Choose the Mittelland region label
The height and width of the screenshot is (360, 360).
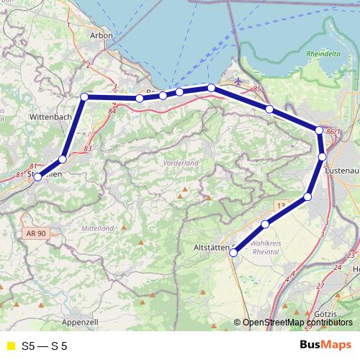tap(98, 228)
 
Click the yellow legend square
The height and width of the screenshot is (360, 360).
tap(9, 346)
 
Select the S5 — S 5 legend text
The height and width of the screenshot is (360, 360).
tap(45, 346)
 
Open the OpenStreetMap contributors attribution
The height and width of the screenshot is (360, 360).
tap(297, 323)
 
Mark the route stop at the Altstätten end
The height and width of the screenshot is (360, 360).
tap(233, 252)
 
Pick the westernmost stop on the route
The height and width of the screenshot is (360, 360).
tap(38, 176)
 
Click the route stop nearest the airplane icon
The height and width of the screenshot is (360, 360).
tap(211, 87)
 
